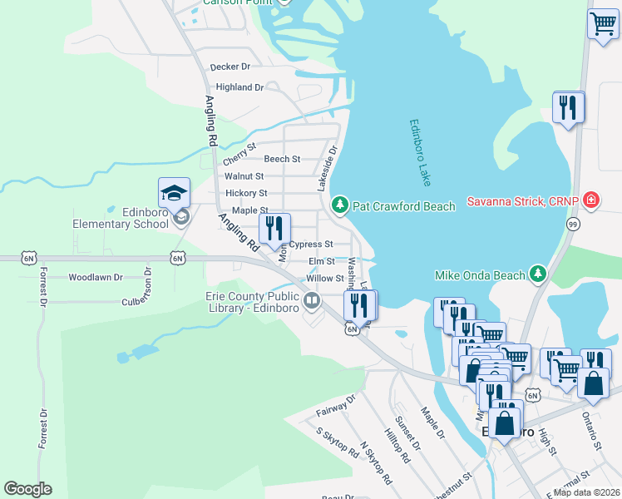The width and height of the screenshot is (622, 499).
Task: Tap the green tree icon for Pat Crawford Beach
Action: point(339,205)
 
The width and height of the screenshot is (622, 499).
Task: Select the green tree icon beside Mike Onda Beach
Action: point(538,274)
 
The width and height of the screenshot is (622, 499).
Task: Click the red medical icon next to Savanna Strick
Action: point(590,200)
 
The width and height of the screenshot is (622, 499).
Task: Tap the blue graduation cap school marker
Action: point(175,193)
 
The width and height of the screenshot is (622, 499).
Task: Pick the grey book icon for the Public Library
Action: point(312,300)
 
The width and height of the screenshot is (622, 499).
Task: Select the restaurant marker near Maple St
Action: point(274,229)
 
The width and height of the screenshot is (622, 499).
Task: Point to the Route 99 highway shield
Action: point(573,224)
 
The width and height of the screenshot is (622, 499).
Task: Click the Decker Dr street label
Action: point(230,67)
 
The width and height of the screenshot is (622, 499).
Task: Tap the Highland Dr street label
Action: point(239,86)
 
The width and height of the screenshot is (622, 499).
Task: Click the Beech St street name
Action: point(282,159)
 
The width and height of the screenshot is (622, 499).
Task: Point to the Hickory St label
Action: point(246,193)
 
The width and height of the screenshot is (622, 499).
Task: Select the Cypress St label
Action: point(311,245)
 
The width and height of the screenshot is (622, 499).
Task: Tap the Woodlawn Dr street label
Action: point(96,277)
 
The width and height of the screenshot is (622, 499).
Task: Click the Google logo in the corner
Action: point(27,489)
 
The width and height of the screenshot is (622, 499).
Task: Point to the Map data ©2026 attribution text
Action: point(586,492)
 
